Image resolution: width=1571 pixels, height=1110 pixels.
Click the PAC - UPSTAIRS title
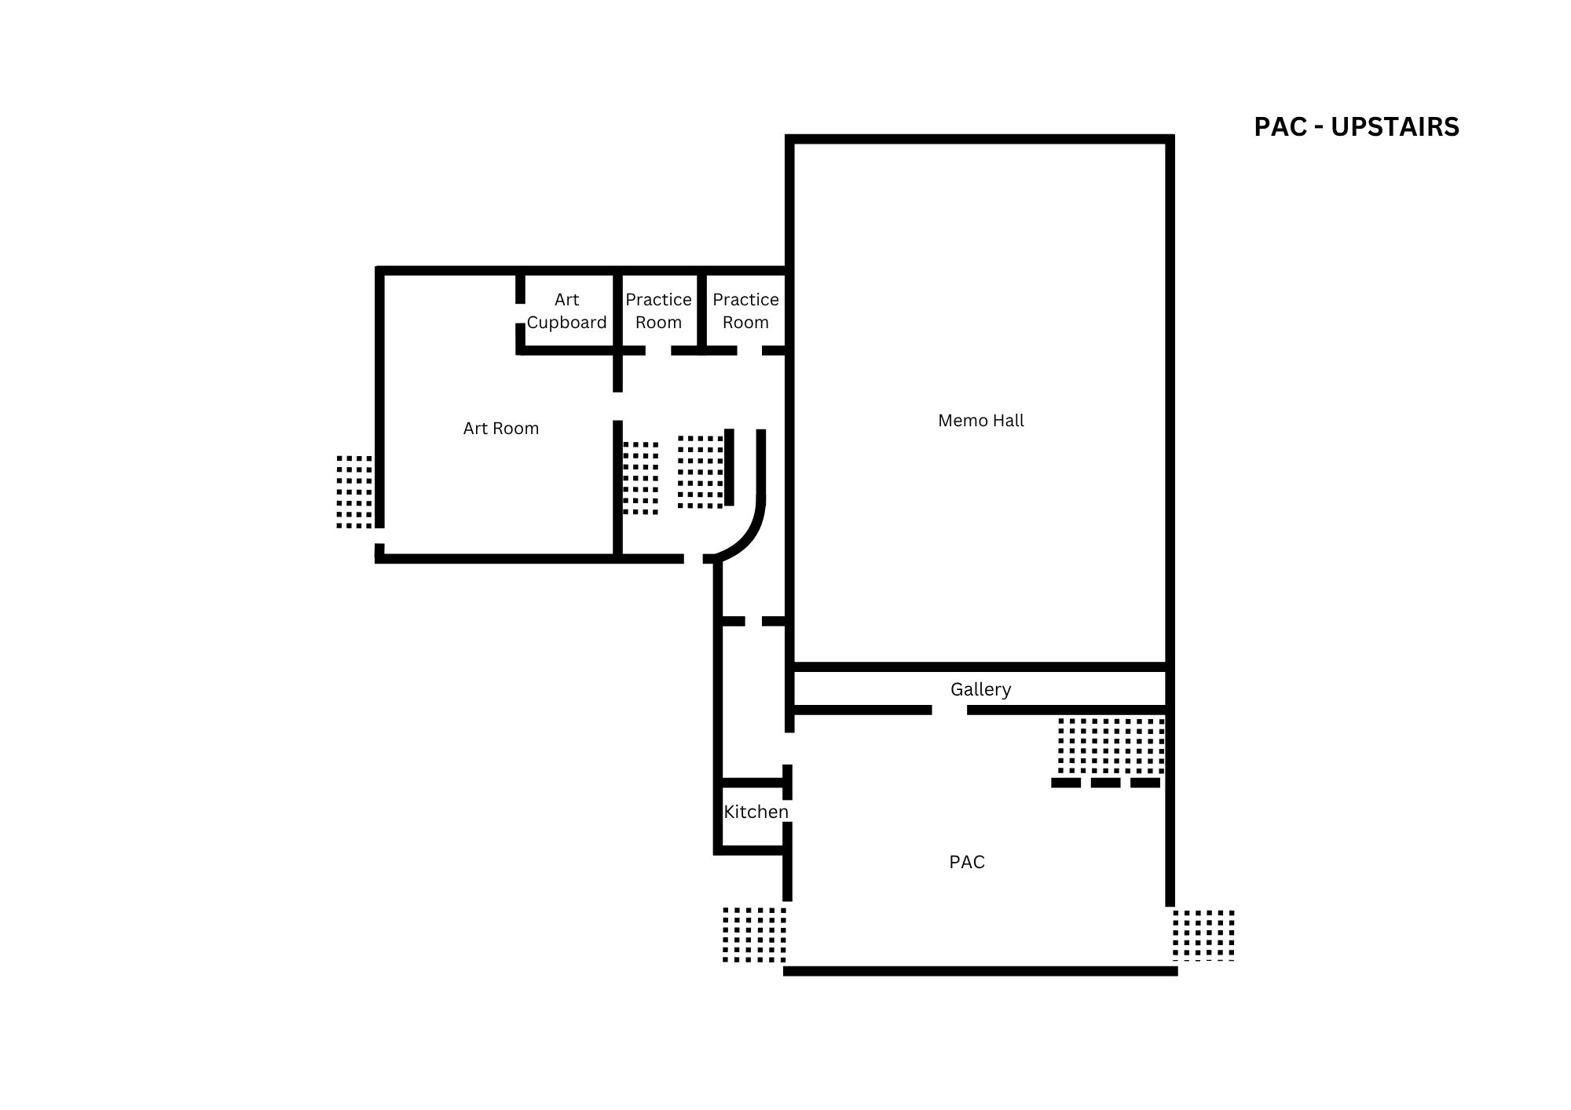(1357, 127)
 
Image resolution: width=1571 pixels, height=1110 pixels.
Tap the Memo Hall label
(981, 421)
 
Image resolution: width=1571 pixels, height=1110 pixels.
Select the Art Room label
(501, 429)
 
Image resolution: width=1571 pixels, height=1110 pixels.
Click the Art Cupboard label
(566, 311)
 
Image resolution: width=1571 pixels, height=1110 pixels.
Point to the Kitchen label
(756, 812)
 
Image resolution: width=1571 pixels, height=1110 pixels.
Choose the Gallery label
(980, 689)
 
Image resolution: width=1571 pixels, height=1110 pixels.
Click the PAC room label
(967, 862)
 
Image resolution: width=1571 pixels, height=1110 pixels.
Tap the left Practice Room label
(658, 311)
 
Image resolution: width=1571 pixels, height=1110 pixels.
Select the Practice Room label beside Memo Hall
(745, 311)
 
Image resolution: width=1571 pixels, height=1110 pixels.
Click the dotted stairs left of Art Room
(354, 491)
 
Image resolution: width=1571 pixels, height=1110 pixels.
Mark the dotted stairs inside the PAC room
(1111, 746)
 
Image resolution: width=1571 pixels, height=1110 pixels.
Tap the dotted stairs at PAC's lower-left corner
(754, 934)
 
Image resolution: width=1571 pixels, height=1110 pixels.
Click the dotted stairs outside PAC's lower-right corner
(1203, 935)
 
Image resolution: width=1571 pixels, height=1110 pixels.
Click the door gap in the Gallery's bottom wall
(950, 710)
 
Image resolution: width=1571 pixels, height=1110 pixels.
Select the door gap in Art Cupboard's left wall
(520, 313)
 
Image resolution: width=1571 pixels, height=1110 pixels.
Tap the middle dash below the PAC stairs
(1105, 783)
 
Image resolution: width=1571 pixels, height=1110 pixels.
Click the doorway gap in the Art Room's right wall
(618, 407)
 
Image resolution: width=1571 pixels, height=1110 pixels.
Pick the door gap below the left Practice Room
(658, 350)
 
